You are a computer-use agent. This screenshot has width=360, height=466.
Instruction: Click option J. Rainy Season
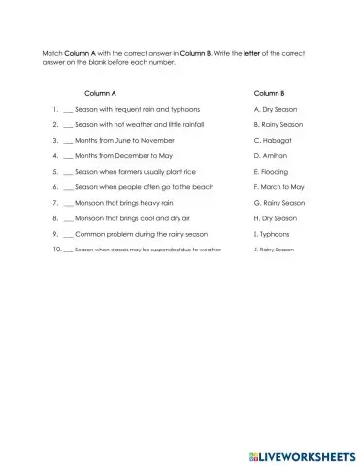(x=273, y=250)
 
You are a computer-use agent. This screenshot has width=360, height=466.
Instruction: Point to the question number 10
(x=56, y=250)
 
